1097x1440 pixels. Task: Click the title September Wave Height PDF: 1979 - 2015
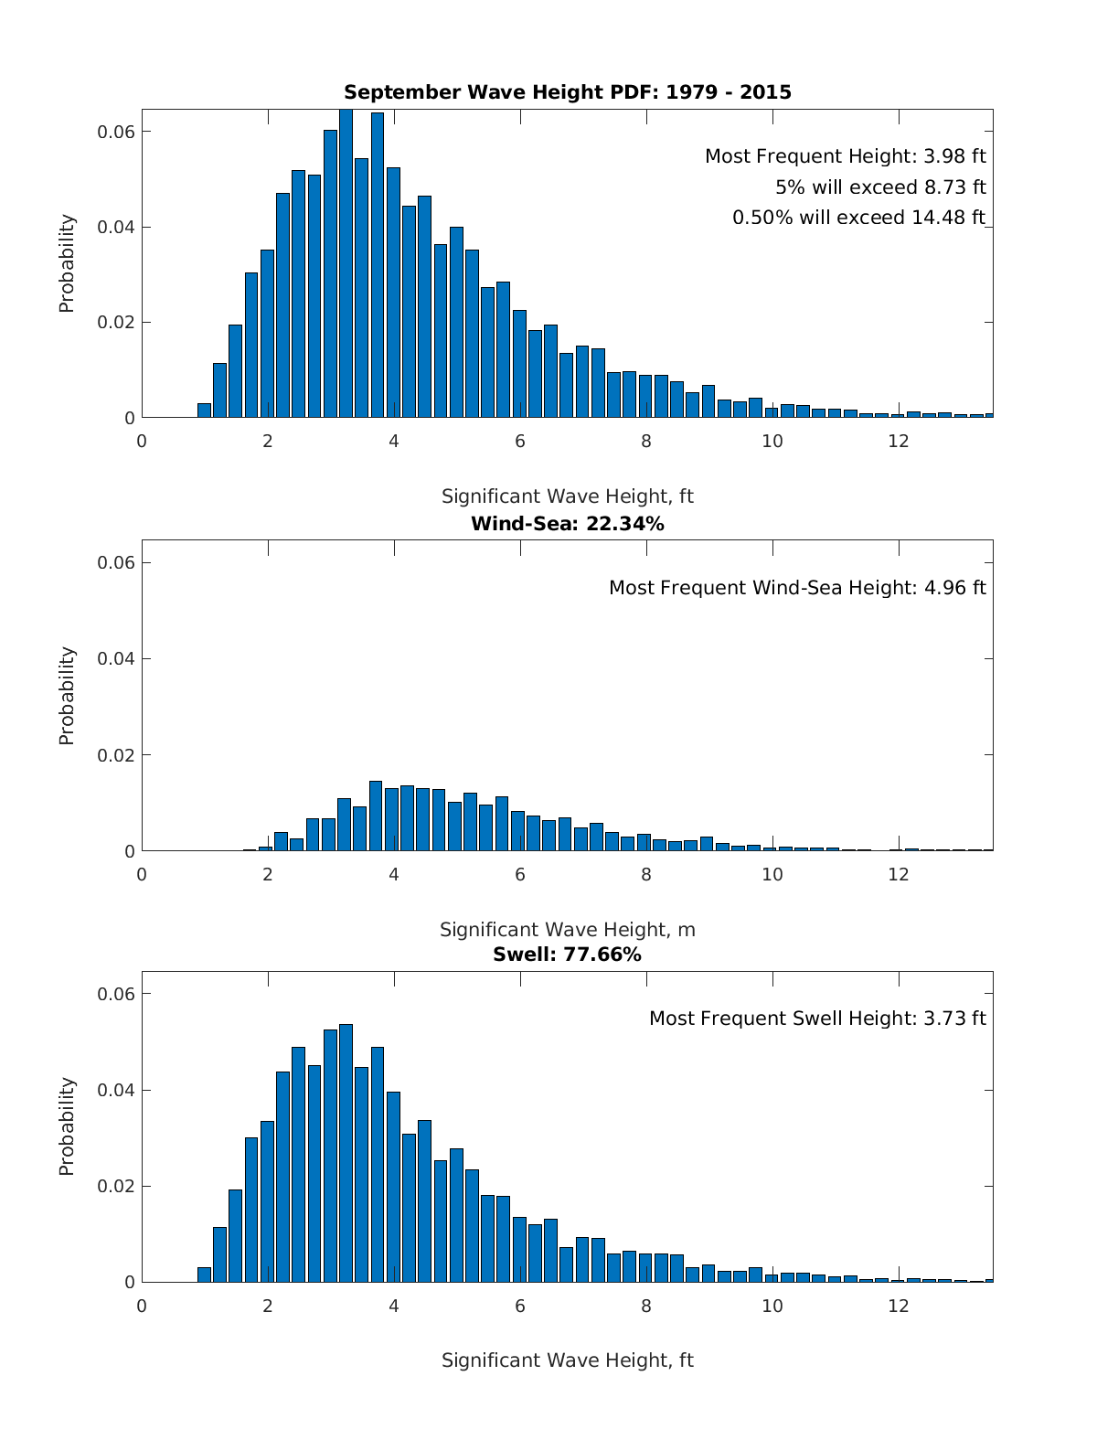click(x=567, y=92)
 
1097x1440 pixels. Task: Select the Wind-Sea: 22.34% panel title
click(x=567, y=524)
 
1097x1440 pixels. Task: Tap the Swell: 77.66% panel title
click(x=567, y=955)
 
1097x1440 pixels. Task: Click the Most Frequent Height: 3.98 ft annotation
click(x=845, y=156)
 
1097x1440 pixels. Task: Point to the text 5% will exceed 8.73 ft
click(x=880, y=187)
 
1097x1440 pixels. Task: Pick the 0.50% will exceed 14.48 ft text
click(x=858, y=218)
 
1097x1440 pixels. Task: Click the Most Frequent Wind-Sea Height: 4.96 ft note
click(x=797, y=588)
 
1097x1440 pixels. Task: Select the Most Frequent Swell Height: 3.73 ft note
click(x=817, y=1019)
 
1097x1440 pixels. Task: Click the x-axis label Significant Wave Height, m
click(x=567, y=930)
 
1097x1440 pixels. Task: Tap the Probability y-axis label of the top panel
click(x=67, y=263)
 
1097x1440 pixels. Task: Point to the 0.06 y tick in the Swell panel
click(x=116, y=994)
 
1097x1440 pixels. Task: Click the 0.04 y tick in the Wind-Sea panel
click(x=116, y=659)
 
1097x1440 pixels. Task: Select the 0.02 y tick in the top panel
click(x=116, y=323)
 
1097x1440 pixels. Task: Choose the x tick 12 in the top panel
click(x=899, y=441)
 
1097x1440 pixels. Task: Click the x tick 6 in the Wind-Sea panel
click(x=520, y=874)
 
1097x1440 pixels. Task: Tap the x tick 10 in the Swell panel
click(x=772, y=1306)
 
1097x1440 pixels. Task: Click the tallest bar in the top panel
click(x=346, y=265)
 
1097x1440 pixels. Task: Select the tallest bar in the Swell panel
click(x=346, y=1154)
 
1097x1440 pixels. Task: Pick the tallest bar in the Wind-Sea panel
click(x=376, y=816)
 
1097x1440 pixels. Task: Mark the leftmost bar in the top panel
click(x=204, y=411)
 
